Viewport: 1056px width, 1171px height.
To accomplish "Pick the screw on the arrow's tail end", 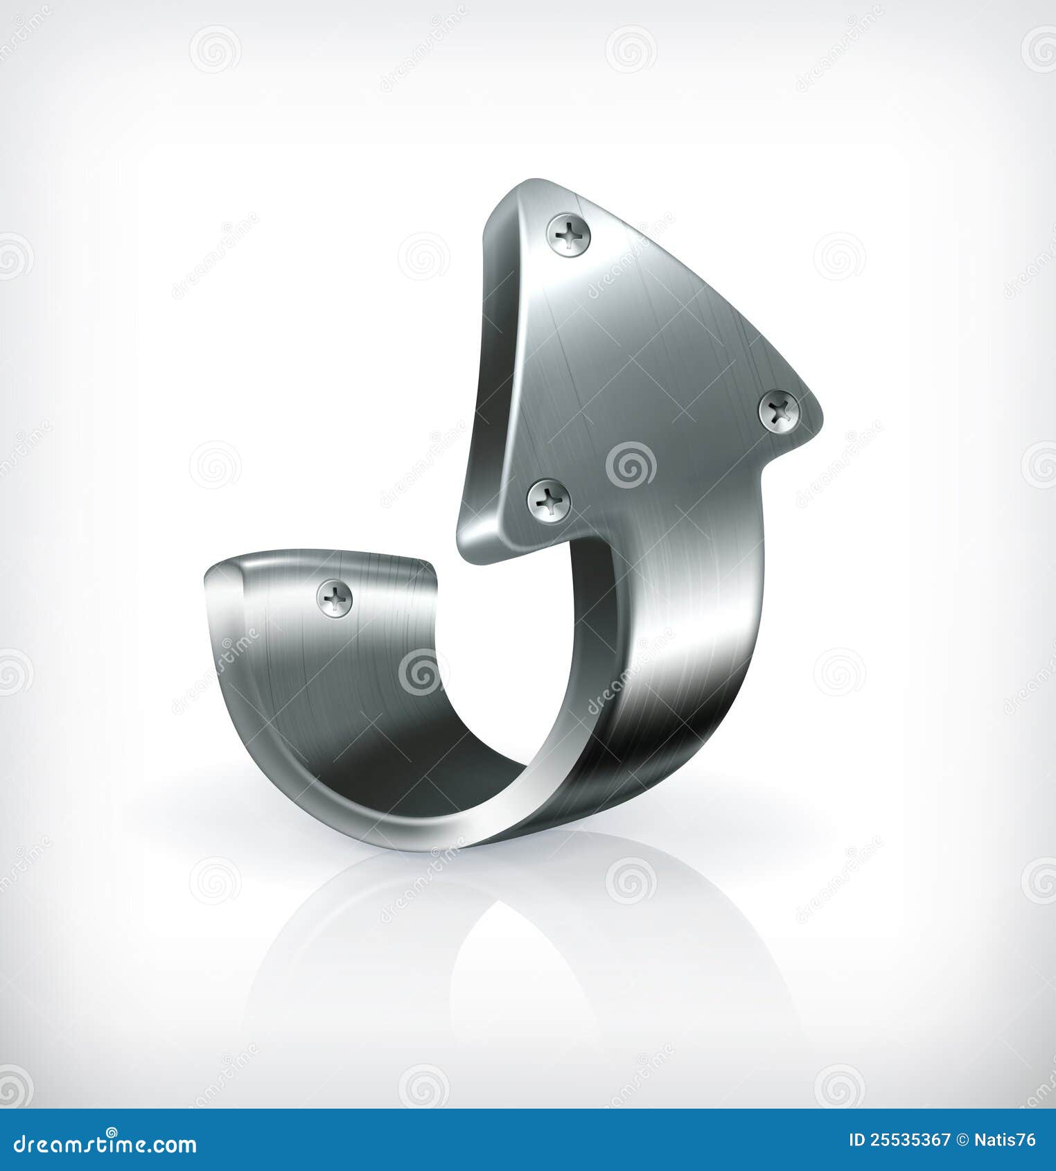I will coord(335,597).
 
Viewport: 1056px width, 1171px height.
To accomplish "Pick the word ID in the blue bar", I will coord(857,1140).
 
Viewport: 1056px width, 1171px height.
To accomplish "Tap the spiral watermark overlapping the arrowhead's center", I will coord(631,465).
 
